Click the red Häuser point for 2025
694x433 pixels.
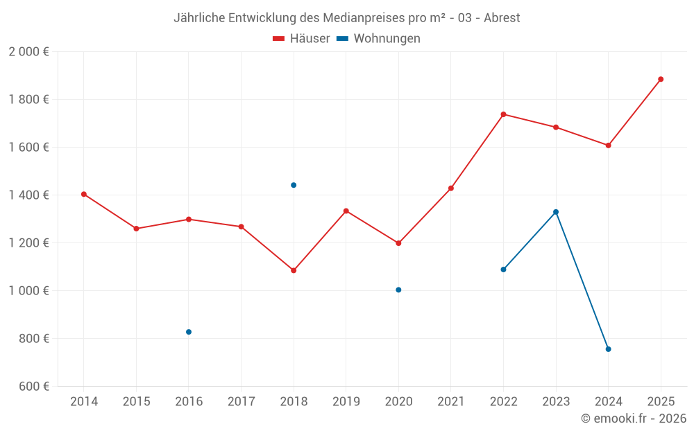point(661,79)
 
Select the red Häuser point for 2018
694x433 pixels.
point(294,270)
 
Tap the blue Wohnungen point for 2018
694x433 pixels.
point(294,185)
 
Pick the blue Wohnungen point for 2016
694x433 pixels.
point(189,332)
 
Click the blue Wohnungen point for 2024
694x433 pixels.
point(608,349)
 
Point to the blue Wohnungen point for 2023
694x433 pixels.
point(556,212)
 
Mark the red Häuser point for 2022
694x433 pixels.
point(503,114)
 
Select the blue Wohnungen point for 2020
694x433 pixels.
point(398,290)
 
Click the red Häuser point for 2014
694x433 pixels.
point(84,194)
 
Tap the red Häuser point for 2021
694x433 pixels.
point(451,188)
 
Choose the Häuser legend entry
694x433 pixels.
point(302,39)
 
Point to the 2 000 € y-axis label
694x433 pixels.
point(28,52)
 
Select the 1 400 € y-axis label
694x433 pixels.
point(28,195)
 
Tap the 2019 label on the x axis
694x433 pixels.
point(346,402)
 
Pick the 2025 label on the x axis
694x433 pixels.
point(661,402)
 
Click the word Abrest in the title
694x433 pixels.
point(500,17)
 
